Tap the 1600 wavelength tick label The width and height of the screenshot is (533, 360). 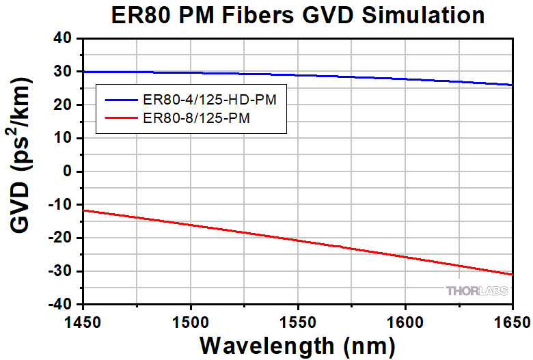[x=405, y=320]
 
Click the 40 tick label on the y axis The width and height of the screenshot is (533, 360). [x=63, y=38]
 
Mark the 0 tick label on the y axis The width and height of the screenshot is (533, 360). [x=68, y=171]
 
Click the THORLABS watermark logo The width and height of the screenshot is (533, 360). [x=477, y=292]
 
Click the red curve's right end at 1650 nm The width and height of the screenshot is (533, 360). [x=512, y=274]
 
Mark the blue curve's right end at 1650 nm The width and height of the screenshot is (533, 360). [x=512, y=85]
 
